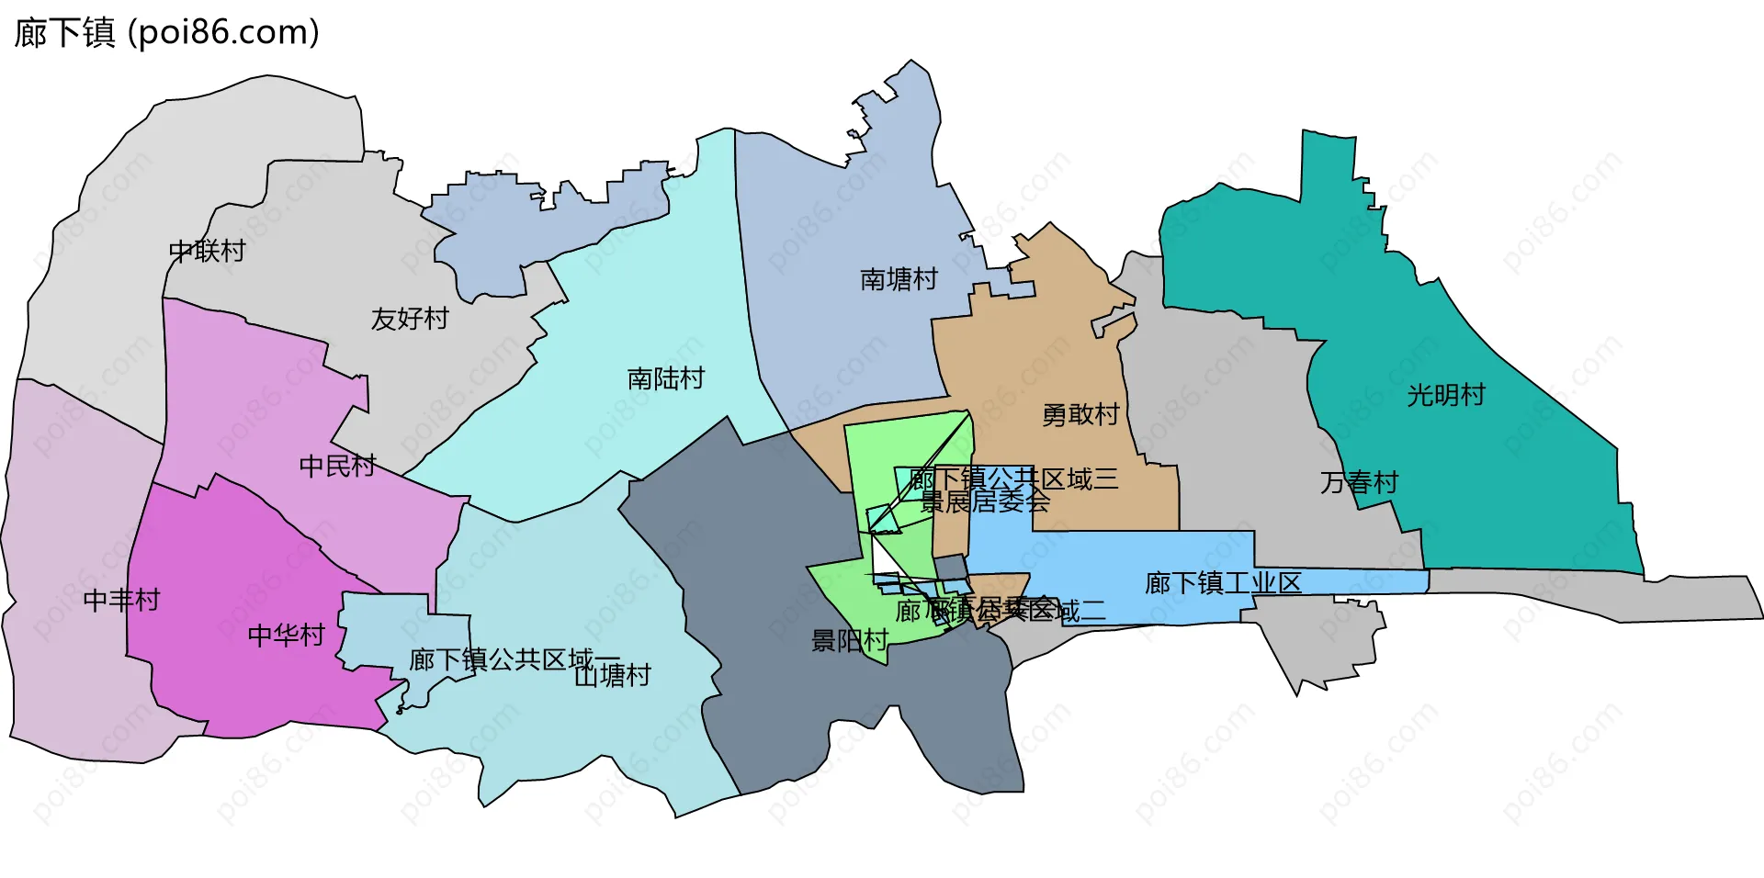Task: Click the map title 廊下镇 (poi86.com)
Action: [x=166, y=33]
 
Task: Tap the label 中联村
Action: [x=208, y=251]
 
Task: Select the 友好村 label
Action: [x=410, y=319]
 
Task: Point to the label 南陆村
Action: [x=666, y=378]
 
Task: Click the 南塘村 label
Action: [x=899, y=279]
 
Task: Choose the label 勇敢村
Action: [x=1080, y=415]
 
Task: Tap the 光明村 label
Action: [x=1446, y=395]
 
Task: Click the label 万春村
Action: [x=1359, y=482]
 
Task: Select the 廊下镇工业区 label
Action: [x=1223, y=583]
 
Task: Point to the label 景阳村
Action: [x=849, y=640]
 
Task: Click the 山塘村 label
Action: [x=613, y=676]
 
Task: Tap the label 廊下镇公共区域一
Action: [x=514, y=659]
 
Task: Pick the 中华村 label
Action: [x=287, y=635]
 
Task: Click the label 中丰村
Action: [x=121, y=600]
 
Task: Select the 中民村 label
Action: [x=337, y=466]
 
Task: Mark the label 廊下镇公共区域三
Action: [x=1014, y=478]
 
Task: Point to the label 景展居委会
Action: [x=985, y=501]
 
